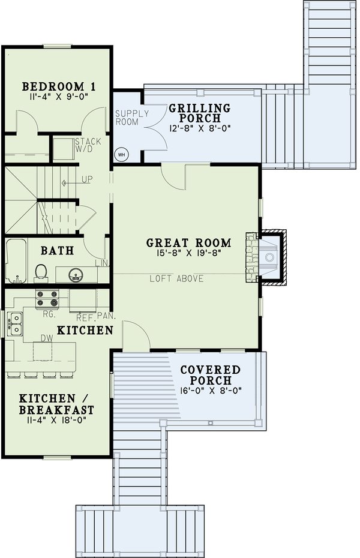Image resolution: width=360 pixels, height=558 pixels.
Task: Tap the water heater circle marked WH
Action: pyautogui.click(x=121, y=154)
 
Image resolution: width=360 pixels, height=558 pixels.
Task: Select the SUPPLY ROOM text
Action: pyautogui.click(x=127, y=118)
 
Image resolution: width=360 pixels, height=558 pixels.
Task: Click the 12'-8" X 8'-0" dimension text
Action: pyautogui.click(x=199, y=128)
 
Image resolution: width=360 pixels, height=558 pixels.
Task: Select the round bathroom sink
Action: pyautogui.click(x=76, y=275)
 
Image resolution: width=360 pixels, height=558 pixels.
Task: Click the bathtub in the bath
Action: pyautogui.click(x=16, y=261)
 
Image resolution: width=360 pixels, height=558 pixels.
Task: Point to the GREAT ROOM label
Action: pyautogui.click(x=188, y=243)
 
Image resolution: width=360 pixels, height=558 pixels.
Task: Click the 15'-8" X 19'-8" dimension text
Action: pyautogui.click(x=188, y=255)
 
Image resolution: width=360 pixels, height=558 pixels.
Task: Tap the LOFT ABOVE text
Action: pyautogui.click(x=176, y=278)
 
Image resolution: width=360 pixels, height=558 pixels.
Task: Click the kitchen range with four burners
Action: pyautogui.click(x=47, y=295)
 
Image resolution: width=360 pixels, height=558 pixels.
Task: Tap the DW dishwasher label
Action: pyautogui.click(x=45, y=338)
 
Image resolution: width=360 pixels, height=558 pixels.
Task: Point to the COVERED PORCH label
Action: pyautogui.click(x=211, y=375)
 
